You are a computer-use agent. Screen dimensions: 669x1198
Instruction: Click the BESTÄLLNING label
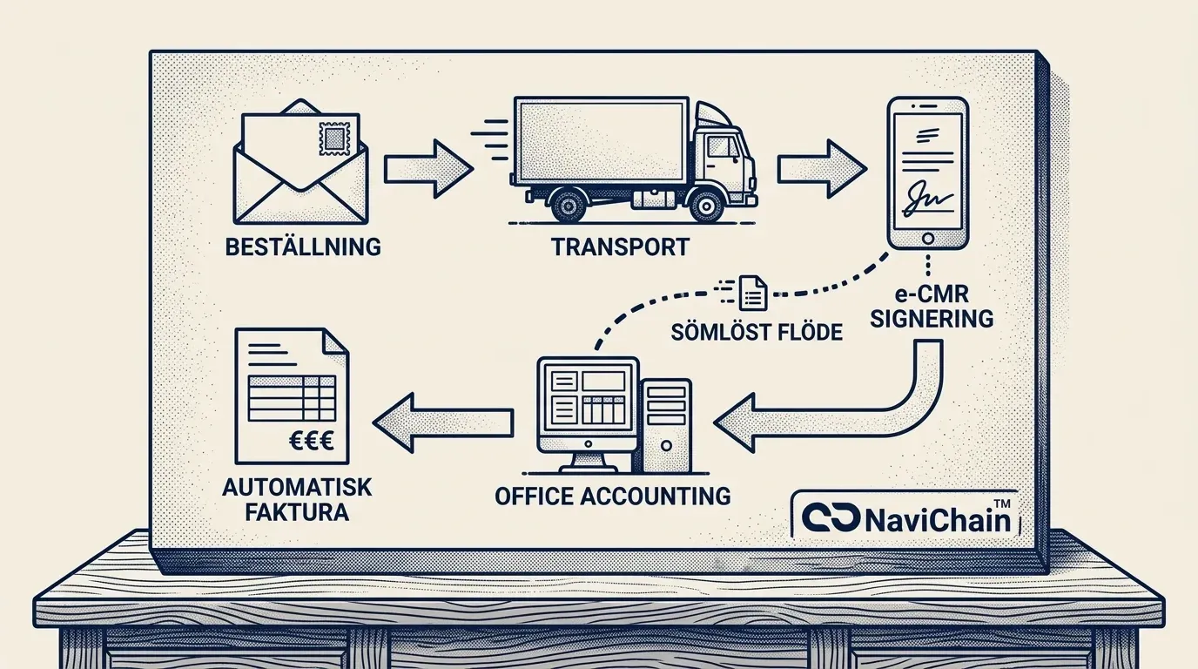303,247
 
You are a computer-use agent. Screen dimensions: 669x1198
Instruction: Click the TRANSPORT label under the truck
620,247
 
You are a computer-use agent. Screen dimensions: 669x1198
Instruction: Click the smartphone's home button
928,237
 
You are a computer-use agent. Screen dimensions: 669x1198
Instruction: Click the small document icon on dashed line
751,294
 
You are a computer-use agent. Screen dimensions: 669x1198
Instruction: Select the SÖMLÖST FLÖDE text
757,331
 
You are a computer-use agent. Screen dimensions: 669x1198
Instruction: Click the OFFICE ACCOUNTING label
612,496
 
